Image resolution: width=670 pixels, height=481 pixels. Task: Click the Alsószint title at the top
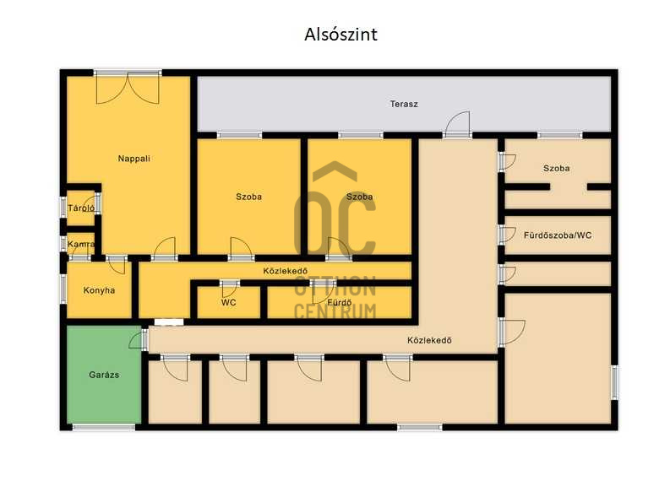pyautogui.click(x=340, y=35)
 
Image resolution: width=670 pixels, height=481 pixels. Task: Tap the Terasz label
pyautogui.click(x=404, y=104)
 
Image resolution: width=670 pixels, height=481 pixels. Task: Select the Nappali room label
pyautogui.click(x=133, y=159)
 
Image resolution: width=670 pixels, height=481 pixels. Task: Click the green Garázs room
pyautogui.click(x=104, y=375)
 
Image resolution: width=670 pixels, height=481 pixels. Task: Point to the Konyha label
pyautogui.click(x=99, y=290)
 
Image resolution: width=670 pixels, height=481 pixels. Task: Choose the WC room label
pyautogui.click(x=229, y=303)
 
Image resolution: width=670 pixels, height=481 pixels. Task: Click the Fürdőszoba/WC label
pyautogui.click(x=558, y=235)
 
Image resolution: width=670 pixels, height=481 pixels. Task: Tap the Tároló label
pyautogui.click(x=81, y=208)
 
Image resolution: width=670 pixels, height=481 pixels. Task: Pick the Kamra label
pyautogui.click(x=81, y=245)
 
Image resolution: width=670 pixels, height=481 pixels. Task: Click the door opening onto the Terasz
pyautogui.click(x=457, y=125)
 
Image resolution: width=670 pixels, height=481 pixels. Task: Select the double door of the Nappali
pyautogui.click(x=128, y=88)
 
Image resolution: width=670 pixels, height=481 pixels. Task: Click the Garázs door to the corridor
pyautogui.click(x=139, y=340)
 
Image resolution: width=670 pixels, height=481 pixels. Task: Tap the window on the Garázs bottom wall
pyautogui.click(x=104, y=427)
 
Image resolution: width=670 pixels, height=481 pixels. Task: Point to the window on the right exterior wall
pyautogui.click(x=614, y=382)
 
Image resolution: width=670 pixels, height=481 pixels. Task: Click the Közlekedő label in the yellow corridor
pyautogui.click(x=285, y=271)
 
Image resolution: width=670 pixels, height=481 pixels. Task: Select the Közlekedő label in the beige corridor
pyautogui.click(x=429, y=341)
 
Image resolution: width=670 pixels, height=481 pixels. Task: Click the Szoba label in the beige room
pyautogui.click(x=556, y=168)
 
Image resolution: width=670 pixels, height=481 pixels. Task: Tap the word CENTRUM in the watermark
pyautogui.click(x=335, y=311)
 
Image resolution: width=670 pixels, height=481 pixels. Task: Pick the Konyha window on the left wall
pyautogui.click(x=63, y=289)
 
